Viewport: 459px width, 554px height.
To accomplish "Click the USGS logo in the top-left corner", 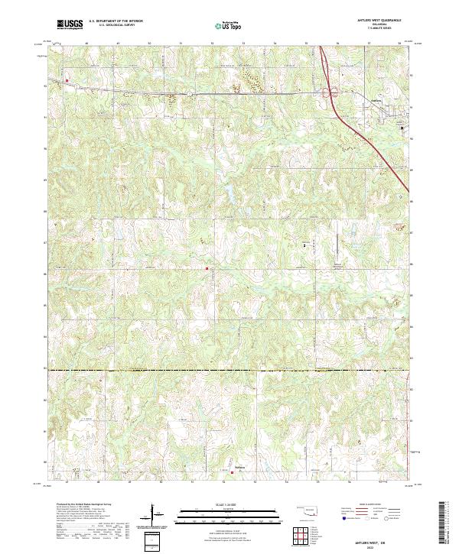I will click(x=70, y=25).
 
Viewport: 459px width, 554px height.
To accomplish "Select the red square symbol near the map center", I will click(x=206, y=268).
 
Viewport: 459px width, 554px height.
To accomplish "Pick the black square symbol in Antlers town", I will click(x=402, y=128).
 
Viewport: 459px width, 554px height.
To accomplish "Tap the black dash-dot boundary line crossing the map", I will click(x=229, y=370).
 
